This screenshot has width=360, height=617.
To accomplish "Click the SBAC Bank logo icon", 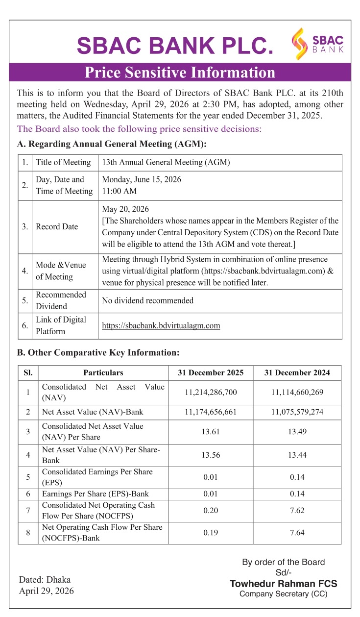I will tap(299, 44).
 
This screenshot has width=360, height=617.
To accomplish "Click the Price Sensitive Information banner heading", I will tap(180, 73).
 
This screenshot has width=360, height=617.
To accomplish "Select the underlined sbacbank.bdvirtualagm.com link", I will tap(161, 325).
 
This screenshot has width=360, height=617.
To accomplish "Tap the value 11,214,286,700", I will tap(211, 392).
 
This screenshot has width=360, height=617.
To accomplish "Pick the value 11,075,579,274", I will tap(297, 412).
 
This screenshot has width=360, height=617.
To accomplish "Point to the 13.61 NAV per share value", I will tap(211, 432).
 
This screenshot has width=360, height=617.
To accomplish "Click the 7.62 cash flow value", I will tap(297, 511).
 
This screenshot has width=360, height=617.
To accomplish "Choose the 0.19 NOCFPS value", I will tap(211, 533).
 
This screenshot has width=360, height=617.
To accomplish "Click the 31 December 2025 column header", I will tap(211, 372).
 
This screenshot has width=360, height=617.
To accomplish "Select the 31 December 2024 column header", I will tap(297, 372).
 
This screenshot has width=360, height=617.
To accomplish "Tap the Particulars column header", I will tap(103, 372).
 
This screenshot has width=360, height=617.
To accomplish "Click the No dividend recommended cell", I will tap(147, 300).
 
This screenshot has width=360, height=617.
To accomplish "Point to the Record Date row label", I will tap(57, 226).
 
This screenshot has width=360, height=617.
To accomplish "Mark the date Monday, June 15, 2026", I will tap(142, 179).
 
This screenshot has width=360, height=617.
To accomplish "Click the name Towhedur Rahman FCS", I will tap(284, 584).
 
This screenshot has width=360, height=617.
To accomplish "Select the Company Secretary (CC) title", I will tap(284, 594).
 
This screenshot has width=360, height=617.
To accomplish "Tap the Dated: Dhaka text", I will tap(45, 580).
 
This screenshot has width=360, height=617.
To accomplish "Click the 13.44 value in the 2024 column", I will tap(297, 455).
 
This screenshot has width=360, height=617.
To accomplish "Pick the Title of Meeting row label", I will tap(63, 162).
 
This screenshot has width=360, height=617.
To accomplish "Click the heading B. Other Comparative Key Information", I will tap(98, 352).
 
